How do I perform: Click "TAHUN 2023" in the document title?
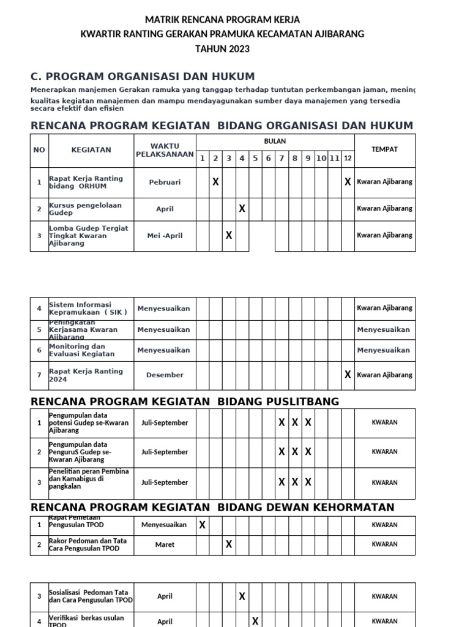[222, 49]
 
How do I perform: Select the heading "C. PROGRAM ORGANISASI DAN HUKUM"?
[143, 77]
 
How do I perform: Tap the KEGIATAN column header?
[91, 149]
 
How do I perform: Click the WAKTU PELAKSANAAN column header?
[165, 150]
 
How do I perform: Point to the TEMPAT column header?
[384, 149]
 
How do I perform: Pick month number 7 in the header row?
[282, 159]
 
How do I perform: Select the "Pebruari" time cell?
[165, 182]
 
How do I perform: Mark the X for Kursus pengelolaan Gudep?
[242, 209]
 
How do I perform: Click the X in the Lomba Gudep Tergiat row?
[229, 235]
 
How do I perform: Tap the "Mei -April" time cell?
[165, 235]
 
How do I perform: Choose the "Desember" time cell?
[165, 375]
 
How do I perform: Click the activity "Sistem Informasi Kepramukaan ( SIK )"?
[89, 308]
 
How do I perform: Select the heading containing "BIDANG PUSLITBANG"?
[185, 402]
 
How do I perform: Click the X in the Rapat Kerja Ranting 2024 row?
[348, 375]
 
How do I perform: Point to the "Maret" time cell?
[165, 544]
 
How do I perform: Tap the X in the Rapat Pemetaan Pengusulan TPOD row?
[202, 525]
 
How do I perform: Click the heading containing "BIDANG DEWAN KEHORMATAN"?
[212, 507]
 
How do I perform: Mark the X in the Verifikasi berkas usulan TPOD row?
[255, 621]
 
